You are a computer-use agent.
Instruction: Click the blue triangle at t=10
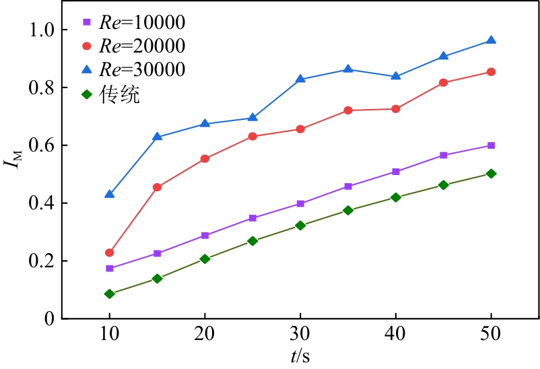click(x=109, y=194)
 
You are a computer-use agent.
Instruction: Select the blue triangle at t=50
click(x=491, y=40)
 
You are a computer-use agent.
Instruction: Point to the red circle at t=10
click(x=109, y=253)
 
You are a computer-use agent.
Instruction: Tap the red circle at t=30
click(x=300, y=129)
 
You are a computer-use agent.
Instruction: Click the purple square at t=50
click(x=491, y=145)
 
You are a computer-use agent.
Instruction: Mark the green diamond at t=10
click(x=109, y=294)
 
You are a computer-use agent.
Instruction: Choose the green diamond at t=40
click(x=396, y=197)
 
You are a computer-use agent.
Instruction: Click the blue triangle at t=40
click(x=396, y=76)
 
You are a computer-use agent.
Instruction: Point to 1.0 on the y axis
click(x=43, y=30)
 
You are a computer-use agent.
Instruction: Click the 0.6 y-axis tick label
click(x=43, y=146)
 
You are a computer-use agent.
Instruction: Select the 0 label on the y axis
click(x=50, y=319)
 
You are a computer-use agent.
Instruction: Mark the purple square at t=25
click(x=252, y=218)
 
